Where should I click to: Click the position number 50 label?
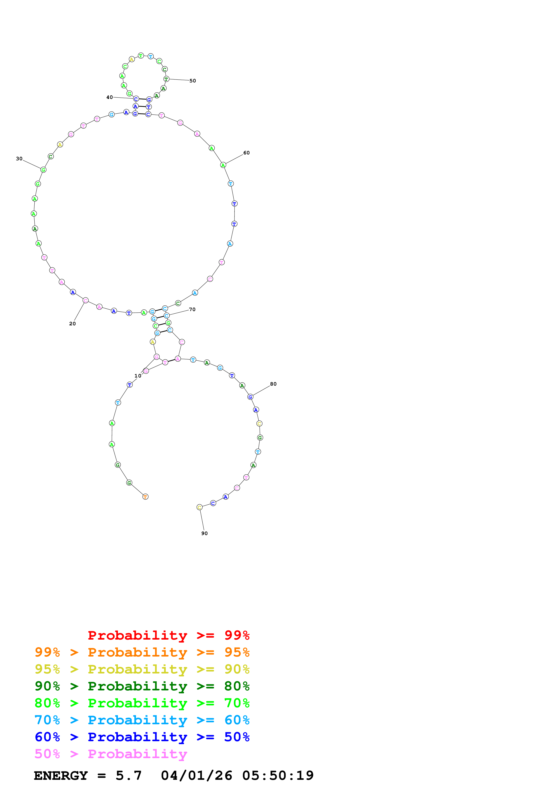(192, 81)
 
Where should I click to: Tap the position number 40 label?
(109, 97)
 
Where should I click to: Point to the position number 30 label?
(19, 159)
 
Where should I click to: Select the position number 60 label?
(246, 153)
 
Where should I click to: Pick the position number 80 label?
(273, 384)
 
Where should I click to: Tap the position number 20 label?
(73, 324)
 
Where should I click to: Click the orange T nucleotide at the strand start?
(145, 497)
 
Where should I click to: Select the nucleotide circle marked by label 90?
(199, 507)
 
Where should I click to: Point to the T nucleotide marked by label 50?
(166, 79)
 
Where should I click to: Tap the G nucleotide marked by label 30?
(43, 170)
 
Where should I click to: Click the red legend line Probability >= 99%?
(168, 635)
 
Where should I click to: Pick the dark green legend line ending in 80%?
(142, 686)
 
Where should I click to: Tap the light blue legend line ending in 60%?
(142, 720)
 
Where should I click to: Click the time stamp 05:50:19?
(278, 776)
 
